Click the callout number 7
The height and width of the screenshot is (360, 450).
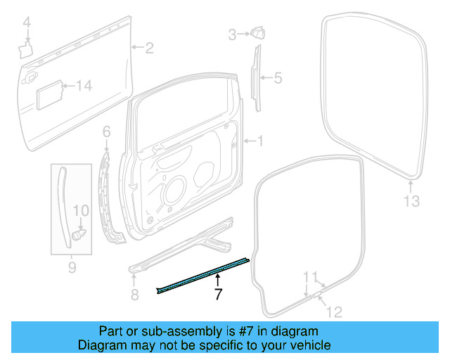[218, 295]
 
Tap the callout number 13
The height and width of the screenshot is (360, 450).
[411, 202]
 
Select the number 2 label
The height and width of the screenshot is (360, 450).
[149, 48]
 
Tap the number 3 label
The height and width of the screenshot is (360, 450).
[232, 33]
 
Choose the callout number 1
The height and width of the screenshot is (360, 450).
[259, 141]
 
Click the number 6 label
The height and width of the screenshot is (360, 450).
[107, 131]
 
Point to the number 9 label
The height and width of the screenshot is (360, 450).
[71, 268]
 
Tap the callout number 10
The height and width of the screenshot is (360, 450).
[82, 210]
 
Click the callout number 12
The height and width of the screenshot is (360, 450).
[335, 312]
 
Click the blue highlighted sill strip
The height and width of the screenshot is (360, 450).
[204, 274]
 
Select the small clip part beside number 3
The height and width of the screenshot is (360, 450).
[256, 32]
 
